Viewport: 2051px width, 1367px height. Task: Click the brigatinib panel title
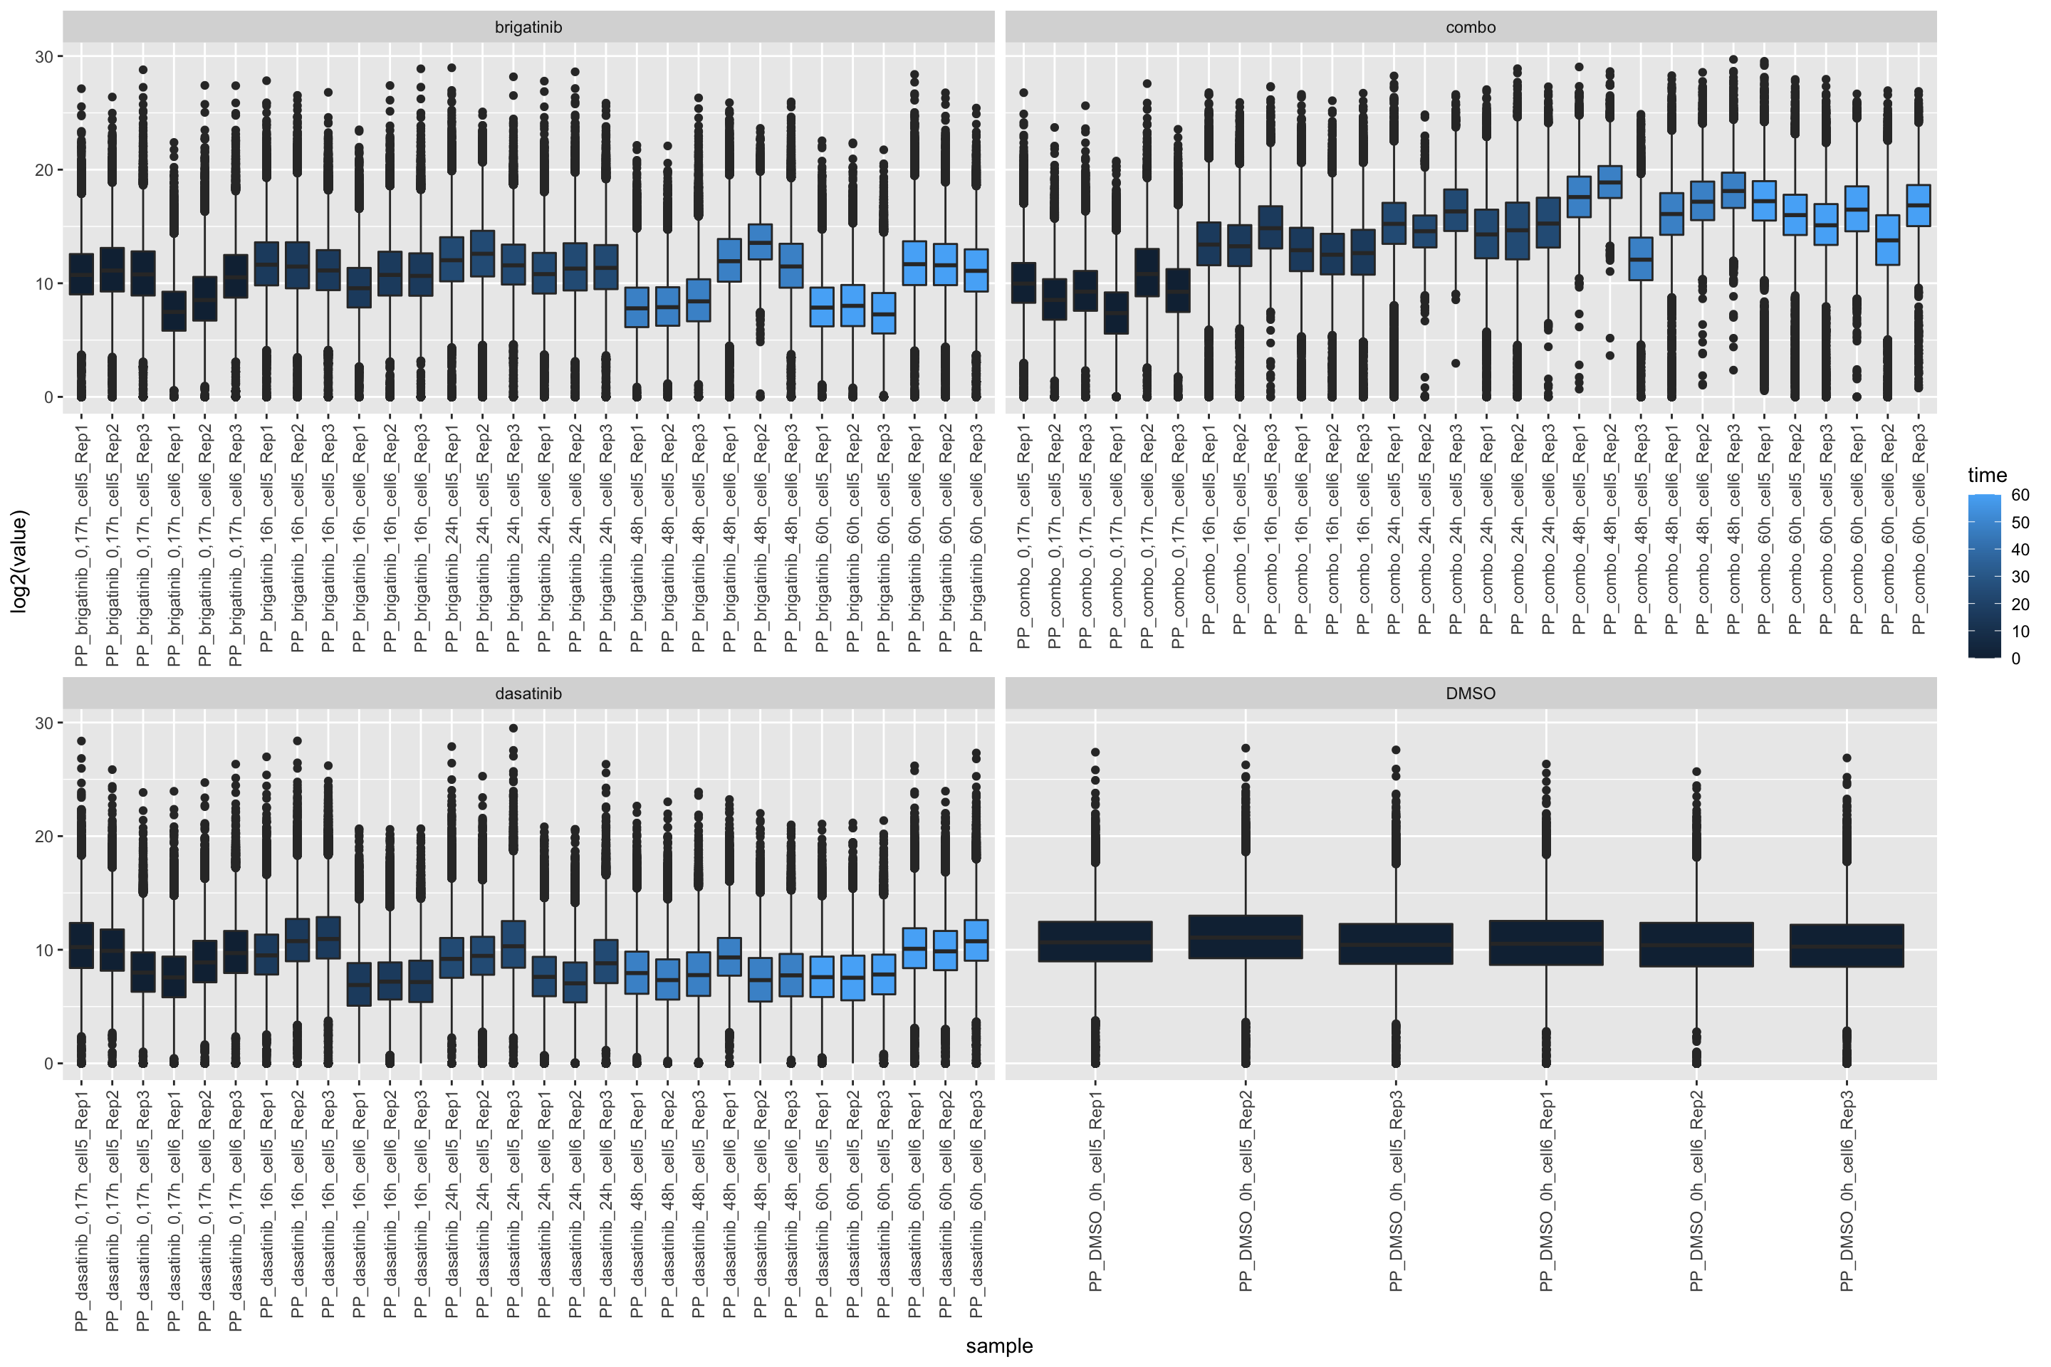coord(528,27)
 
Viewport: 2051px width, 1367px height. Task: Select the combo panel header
coord(1470,27)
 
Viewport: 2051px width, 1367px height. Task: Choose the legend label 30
coord(2020,576)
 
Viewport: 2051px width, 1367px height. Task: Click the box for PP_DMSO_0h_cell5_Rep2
coord(1246,936)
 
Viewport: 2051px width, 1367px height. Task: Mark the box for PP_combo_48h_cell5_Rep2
coord(1609,182)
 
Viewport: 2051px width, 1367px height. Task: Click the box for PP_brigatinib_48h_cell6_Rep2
coord(761,241)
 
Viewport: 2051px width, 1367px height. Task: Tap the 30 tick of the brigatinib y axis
coord(43,57)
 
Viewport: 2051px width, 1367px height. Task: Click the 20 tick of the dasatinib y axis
coord(43,836)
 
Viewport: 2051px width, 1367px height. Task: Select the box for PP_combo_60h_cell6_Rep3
coord(1919,205)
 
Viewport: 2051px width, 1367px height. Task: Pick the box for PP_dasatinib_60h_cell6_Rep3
coord(976,940)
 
